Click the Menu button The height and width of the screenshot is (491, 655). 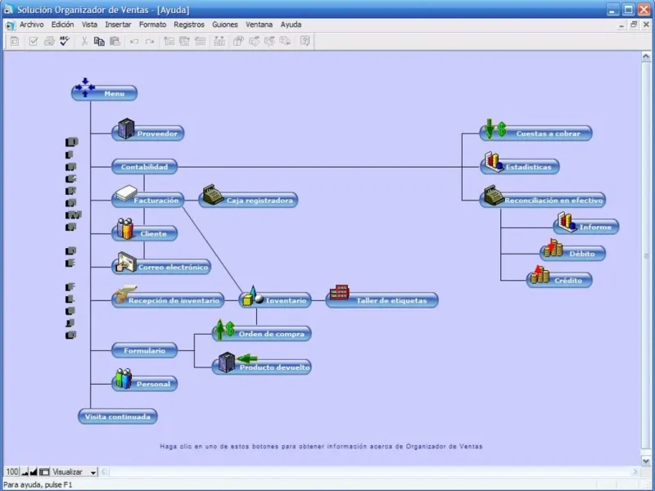coord(105,93)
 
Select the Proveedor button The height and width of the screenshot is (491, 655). coord(147,133)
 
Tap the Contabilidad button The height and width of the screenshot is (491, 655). coord(144,167)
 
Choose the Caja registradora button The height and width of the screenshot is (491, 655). coord(249,200)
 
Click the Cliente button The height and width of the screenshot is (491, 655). coord(145,233)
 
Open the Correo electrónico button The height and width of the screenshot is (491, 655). coord(162,267)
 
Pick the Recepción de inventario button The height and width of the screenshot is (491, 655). coord(167,300)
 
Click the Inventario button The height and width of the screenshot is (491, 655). coord(276,300)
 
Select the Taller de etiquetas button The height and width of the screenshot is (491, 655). coord(382,300)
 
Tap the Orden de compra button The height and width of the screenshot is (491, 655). coord(262,334)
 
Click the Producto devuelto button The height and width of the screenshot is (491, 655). coord(262,367)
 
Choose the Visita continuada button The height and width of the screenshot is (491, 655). coord(118,417)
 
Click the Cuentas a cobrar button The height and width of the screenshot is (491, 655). coord(536,133)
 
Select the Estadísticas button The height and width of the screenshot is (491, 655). coord(521,167)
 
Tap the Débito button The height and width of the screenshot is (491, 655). coord(573,254)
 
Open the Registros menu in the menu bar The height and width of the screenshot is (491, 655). coord(189,25)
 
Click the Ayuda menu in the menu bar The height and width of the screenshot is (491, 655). coord(291,25)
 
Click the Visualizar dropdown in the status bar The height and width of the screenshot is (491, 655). coord(75,472)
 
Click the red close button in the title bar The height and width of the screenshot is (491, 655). coord(644,10)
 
